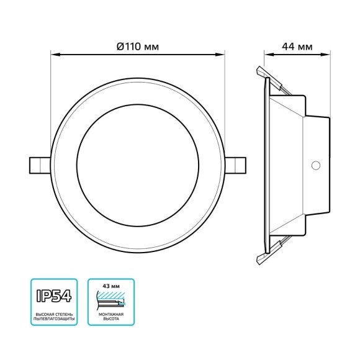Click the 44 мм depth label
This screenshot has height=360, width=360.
coord(297,47)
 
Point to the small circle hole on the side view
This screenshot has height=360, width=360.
coord(315,165)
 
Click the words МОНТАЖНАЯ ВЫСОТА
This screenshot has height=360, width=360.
coord(111,318)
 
